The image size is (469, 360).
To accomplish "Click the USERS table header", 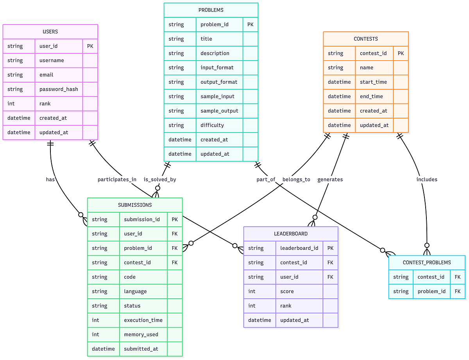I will click(50, 32).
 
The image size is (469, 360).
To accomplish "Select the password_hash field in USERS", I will click(59, 89).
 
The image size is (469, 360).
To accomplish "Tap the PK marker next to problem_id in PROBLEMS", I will click(250, 25).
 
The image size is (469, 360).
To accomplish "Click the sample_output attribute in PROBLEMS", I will click(219, 111).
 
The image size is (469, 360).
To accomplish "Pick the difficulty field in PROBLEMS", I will click(212, 125).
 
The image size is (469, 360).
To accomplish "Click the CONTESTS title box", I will click(365, 39).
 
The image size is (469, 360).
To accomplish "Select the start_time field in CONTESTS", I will click(373, 82).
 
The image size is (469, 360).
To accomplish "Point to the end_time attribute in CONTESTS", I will click(371, 97).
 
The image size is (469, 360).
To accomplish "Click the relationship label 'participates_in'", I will click(117, 179).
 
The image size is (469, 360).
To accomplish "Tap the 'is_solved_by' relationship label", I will click(160, 179).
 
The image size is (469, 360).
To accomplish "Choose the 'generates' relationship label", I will click(330, 179).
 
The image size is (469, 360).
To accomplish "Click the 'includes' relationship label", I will click(427, 179).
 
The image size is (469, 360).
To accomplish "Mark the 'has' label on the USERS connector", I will click(50, 179).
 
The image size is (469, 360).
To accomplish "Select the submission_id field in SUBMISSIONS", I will click(142, 219).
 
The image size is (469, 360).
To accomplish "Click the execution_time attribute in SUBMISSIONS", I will click(143, 320).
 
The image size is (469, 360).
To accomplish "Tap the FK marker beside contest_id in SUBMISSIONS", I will click(175, 263).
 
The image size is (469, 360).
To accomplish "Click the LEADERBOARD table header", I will click(290, 234).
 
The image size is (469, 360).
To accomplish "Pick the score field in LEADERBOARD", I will click(287, 291).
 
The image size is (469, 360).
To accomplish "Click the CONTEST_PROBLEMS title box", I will click(427, 263).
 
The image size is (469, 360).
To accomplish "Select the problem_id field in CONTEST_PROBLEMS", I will click(431, 291).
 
